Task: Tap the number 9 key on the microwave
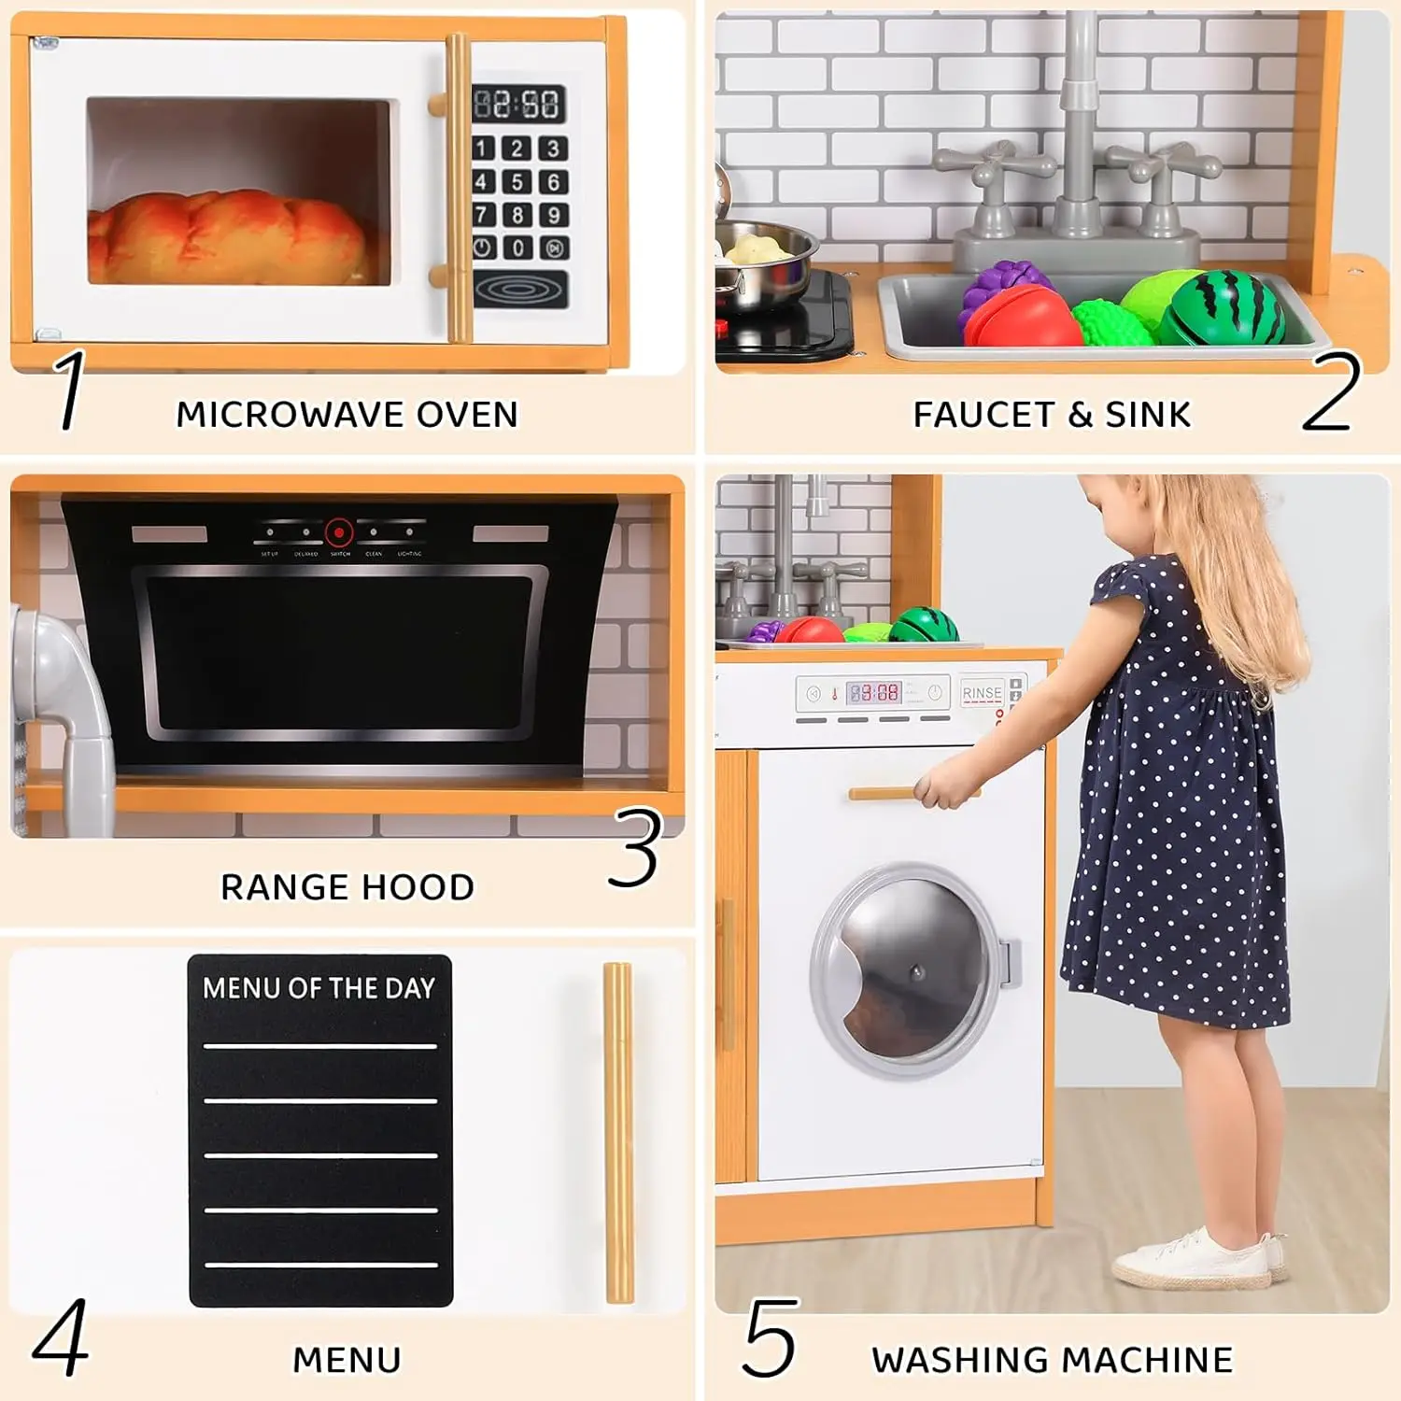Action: point(553,215)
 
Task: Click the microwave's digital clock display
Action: point(518,104)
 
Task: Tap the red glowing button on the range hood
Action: point(339,532)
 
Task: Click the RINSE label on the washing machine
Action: point(981,693)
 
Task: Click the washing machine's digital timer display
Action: point(874,693)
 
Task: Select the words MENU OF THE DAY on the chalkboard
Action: point(319,988)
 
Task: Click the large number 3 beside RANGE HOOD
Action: point(636,848)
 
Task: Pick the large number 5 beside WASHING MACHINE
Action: point(770,1337)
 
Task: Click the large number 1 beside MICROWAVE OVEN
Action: point(70,390)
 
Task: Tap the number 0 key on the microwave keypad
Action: point(517,248)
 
